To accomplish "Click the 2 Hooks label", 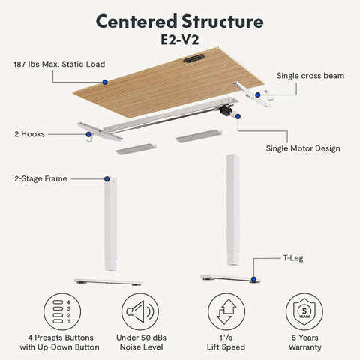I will (x=29, y=134).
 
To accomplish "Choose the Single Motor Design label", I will (x=303, y=148).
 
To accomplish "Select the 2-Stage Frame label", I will (x=40, y=178).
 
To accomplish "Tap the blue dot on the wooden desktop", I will (x=106, y=81).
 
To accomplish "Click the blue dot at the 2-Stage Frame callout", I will (x=107, y=179).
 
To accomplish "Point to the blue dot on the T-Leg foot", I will (x=253, y=279).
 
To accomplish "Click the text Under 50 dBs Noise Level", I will (x=139, y=342).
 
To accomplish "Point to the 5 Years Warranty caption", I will (x=303, y=342).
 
